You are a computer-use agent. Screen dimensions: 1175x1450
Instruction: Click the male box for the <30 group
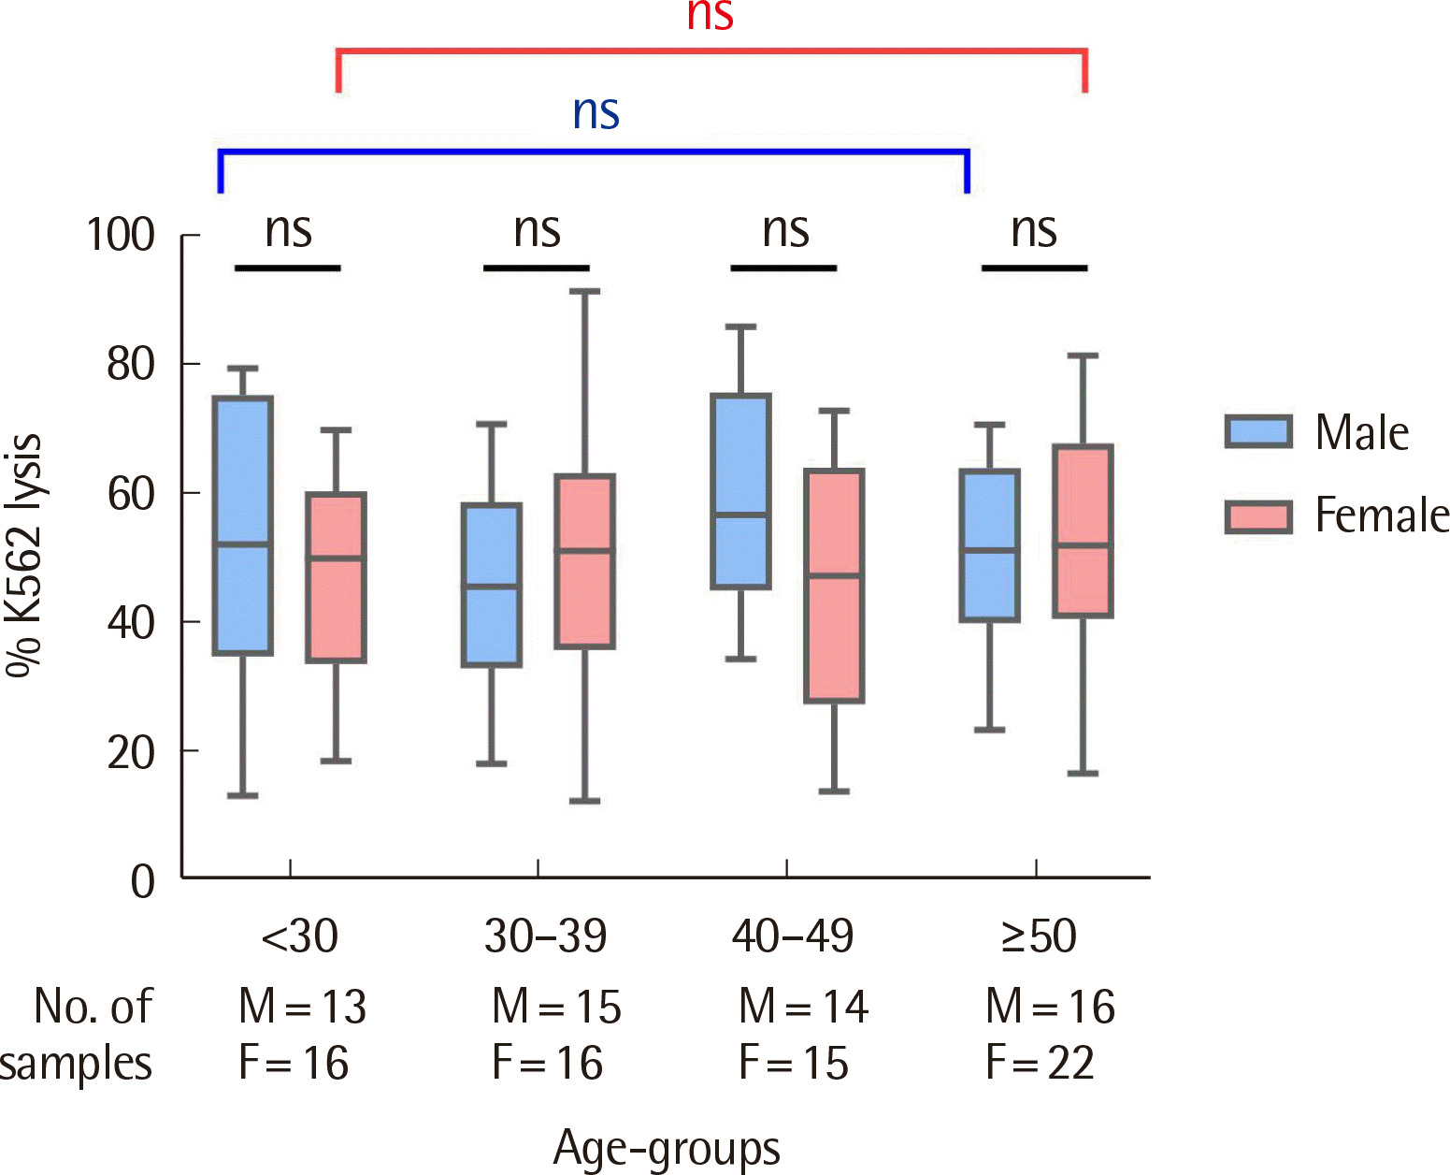point(243,524)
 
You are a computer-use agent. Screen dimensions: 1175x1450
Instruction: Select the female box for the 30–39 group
point(584,561)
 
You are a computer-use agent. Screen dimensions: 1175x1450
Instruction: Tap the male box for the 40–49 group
point(741,491)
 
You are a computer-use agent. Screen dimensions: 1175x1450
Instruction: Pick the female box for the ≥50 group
point(1083,531)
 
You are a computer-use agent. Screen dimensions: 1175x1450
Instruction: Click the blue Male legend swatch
point(1258,431)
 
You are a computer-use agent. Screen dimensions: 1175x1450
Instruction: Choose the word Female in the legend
point(1382,515)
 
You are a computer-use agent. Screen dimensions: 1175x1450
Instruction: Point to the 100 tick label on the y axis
point(121,235)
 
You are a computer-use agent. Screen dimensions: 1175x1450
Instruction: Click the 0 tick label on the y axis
point(143,880)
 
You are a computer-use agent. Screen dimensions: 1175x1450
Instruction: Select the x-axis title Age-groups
point(667,1148)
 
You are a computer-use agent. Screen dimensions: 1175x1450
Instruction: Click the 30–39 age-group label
point(545,936)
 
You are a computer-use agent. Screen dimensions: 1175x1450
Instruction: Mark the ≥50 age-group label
point(1039,936)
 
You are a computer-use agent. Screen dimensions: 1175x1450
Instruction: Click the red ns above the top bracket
point(710,16)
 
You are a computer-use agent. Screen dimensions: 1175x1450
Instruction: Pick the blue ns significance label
point(596,112)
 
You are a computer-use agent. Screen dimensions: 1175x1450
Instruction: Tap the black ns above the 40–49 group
point(785,230)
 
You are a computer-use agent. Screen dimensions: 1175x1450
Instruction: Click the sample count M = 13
point(303,1007)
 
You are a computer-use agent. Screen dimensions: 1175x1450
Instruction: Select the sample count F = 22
point(1040,1063)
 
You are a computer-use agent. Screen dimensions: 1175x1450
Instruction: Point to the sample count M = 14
point(803,1007)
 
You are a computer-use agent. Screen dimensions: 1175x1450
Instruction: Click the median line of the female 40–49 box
point(834,575)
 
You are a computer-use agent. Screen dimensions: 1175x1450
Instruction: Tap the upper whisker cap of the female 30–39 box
point(584,292)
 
